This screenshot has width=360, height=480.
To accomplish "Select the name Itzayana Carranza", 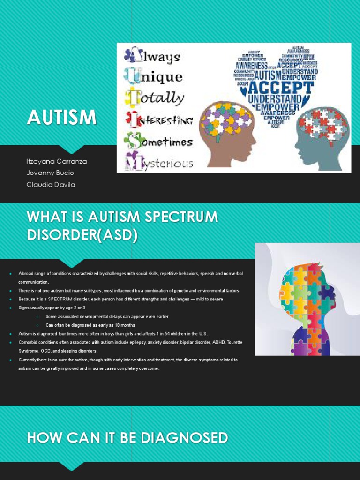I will (x=57, y=161).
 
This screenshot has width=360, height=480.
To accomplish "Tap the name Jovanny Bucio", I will (x=51, y=172).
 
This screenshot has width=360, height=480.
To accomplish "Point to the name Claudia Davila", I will (x=51, y=184).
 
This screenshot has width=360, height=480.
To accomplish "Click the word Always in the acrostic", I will (x=152, y=56).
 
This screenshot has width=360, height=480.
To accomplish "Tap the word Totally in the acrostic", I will (x=155, y=98).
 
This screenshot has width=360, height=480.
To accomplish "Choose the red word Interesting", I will (x=159, y=120).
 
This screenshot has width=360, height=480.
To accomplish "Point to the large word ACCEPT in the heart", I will (x=280, y=88).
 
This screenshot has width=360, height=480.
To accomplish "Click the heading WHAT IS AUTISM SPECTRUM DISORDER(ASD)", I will (x=123, y=226).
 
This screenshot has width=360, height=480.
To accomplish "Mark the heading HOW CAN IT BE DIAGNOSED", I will (x=127, y=438).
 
